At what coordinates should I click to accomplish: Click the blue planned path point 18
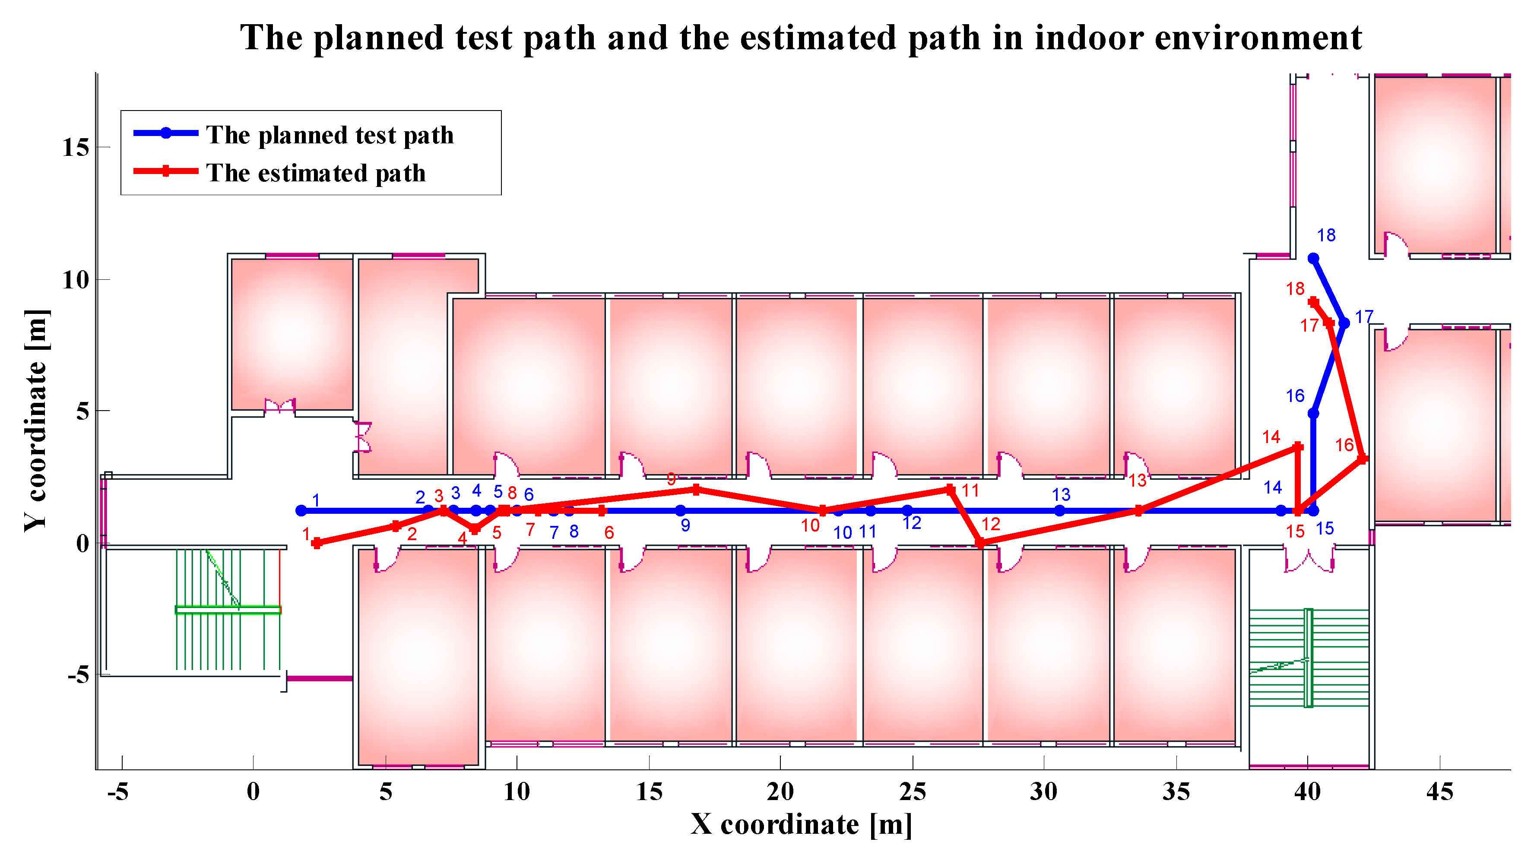1312,259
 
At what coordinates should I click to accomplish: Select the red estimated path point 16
1362,459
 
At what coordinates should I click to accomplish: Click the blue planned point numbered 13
1059,510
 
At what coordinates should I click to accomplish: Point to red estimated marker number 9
696,490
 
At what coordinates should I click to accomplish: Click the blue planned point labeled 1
301,510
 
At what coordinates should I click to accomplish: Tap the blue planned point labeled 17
1344,323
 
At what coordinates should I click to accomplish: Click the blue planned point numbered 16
1313,413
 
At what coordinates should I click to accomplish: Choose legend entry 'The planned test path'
330,135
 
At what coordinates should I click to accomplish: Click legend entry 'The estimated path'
316,173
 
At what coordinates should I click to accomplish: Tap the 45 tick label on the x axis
1439,792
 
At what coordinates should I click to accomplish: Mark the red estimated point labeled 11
951,490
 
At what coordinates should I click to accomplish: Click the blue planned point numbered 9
681,510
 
